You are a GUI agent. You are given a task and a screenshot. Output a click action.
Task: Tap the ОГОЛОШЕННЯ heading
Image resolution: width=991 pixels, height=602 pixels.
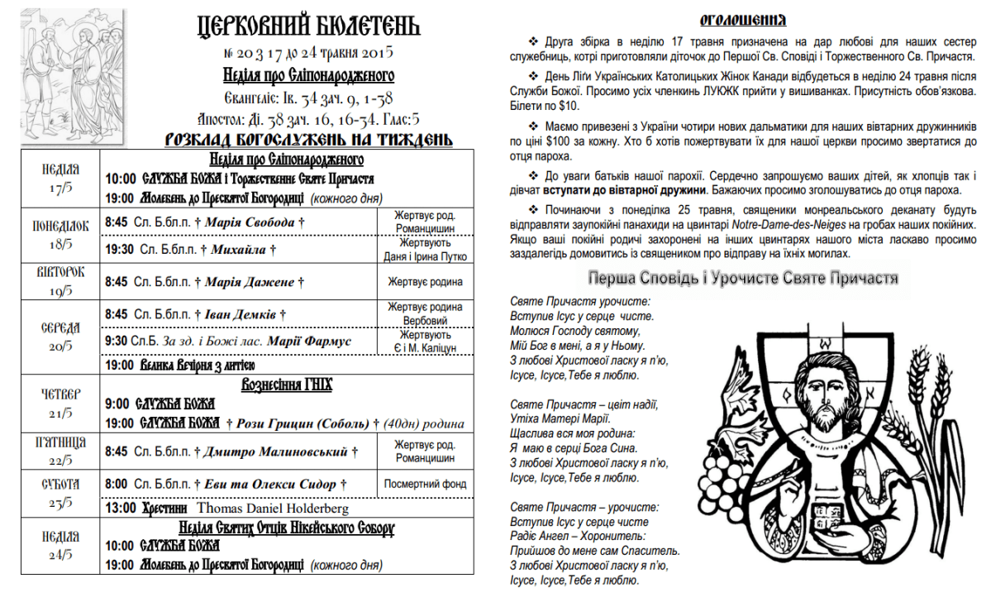pos(742,20)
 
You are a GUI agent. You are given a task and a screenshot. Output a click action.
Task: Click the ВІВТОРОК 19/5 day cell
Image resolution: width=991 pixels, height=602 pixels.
pos(60,281)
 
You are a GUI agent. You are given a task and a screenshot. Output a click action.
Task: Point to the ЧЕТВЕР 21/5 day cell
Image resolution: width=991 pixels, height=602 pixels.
pos(60,403)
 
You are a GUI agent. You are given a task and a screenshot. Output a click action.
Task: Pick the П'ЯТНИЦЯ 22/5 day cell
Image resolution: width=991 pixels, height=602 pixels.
pos(60,452)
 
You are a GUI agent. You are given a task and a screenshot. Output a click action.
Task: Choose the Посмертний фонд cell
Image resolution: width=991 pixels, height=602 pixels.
pos(425,484)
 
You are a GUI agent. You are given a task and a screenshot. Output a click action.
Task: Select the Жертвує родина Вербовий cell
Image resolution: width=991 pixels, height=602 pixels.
pos(425,313)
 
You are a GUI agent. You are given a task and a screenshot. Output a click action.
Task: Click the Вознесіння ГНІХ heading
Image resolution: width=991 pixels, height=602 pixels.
pos(286,385)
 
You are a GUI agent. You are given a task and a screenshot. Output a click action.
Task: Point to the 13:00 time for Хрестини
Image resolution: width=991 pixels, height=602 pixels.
pos(121,509)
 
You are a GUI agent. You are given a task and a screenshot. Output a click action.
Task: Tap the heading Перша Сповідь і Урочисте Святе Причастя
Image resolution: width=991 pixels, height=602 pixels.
pos(742,278)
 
